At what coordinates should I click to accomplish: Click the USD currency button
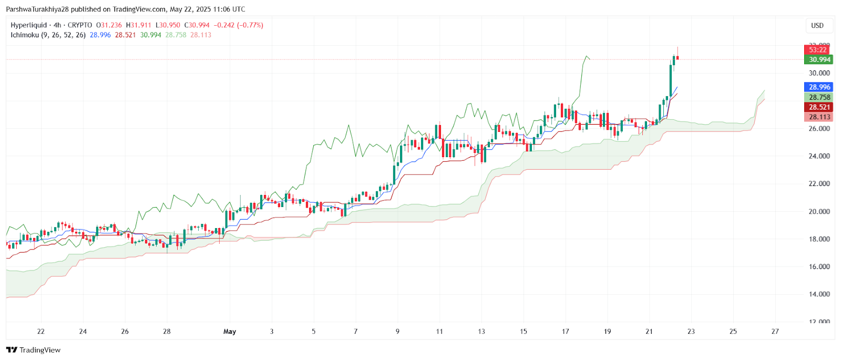817,26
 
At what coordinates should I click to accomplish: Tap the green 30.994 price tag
819,59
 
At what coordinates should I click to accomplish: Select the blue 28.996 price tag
819,87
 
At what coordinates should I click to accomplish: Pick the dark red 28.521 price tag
819,107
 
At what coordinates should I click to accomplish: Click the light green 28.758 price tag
819,97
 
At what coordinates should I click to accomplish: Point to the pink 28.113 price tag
819,117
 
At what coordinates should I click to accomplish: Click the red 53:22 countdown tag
818,50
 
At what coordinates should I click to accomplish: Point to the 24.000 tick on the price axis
819,156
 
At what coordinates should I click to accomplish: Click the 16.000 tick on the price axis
819,266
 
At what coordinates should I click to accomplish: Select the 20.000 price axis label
819,211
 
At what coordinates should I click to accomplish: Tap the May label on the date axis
230,332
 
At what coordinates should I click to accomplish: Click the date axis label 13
481,332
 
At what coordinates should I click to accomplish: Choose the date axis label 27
775,332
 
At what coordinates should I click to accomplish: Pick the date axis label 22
41,332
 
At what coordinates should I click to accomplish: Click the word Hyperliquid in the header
28,25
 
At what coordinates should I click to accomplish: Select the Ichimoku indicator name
25,35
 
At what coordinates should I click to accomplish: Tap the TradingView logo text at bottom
39,350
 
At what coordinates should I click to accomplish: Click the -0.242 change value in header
225,25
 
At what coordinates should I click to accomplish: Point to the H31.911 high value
138,25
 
